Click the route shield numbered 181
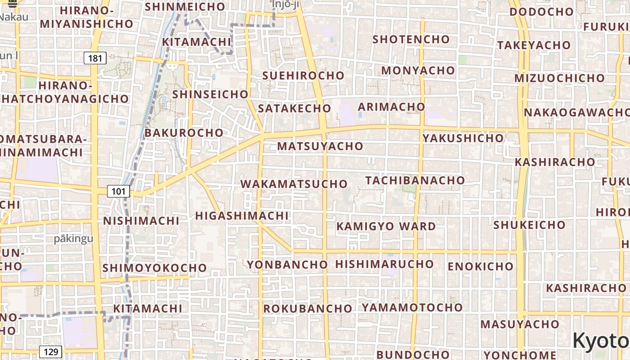[95, 58]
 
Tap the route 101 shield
[118, 191]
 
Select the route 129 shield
[50, 351]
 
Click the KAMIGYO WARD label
[386, 226]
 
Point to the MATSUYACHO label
[320, 146]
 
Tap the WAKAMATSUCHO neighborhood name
[294, 184]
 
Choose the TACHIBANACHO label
[415, 180]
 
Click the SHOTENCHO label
[411, 40]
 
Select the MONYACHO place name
[418, 71]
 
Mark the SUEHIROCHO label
[303, 76]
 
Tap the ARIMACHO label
[391, 107]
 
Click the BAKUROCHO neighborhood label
[184, 133]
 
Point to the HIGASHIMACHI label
[242, 216]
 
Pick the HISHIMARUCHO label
[384, 264]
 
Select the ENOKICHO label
[480, 266]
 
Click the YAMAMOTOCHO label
[412, 308]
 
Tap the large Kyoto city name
[601, 341]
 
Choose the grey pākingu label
[73, 238]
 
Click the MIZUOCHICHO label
[559, 78]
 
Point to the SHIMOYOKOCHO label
[154, 268]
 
